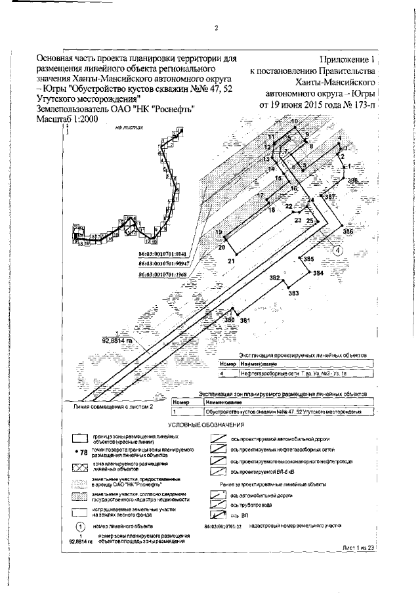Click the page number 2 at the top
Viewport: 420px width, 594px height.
click(x=216, y=28)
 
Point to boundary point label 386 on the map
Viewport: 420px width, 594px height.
click(x=347, y=232)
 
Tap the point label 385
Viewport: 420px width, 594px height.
click(x=308, y=261)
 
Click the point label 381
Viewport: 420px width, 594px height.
click(x=245, y=320)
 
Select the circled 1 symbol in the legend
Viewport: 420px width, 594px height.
click(x=79, y=526)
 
